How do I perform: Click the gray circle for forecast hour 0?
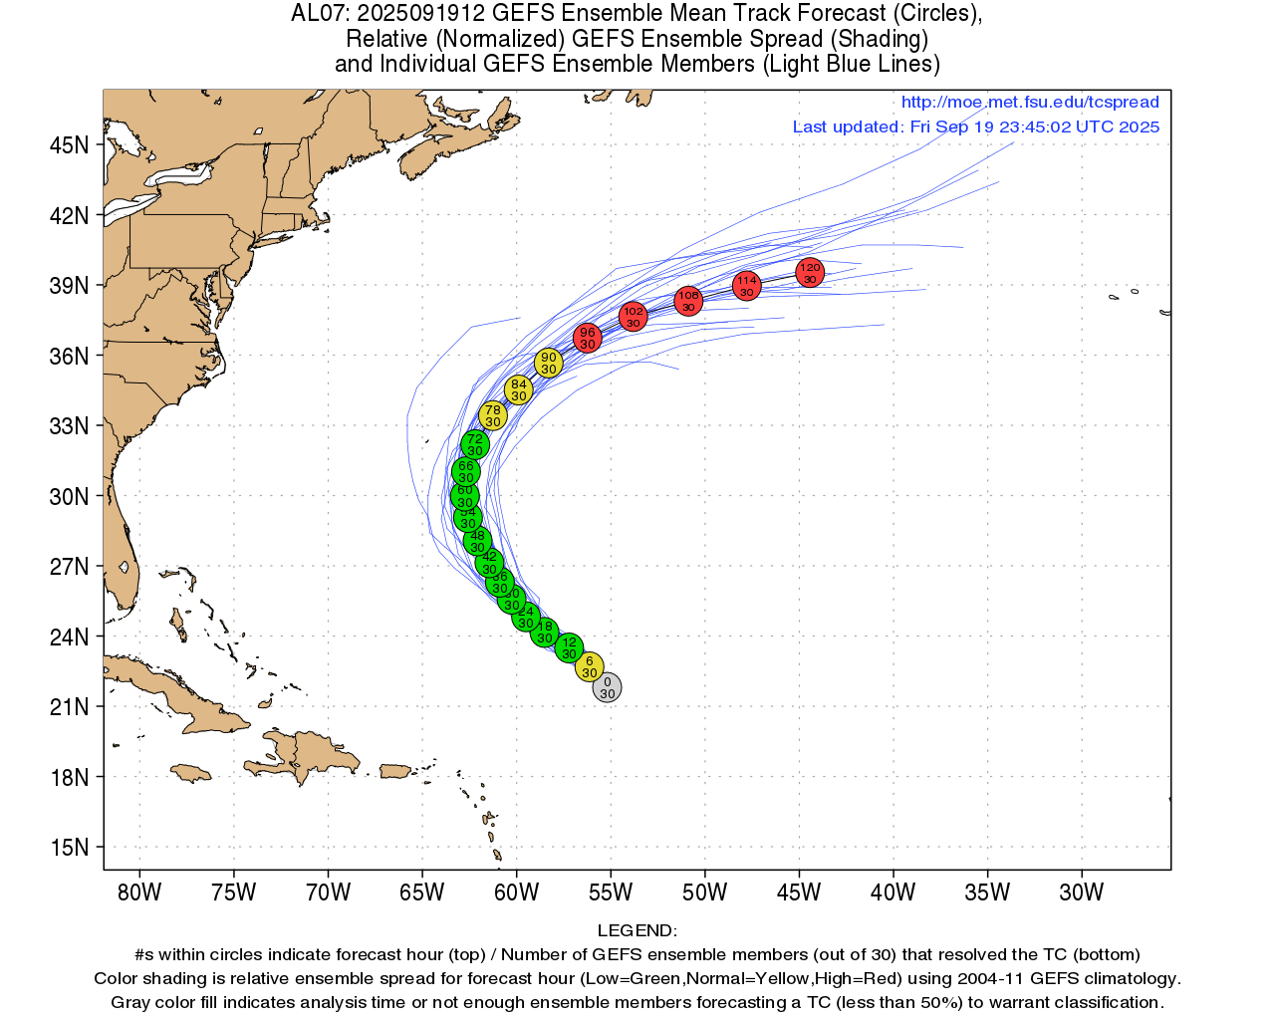point(607,687)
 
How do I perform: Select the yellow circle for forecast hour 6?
point(590,666)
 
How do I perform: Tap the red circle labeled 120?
point(810,272)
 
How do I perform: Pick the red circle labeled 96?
point(588,338)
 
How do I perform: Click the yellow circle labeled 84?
point(518,389)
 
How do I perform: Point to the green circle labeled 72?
point(475,444)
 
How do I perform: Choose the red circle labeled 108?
point(688,300)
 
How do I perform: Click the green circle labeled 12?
point(569,648)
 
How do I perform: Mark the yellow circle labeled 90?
point(548,363)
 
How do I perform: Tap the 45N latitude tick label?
point(69,145)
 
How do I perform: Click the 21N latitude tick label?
point(69,707)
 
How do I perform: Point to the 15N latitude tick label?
point(69,848)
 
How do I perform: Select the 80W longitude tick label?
point(139,892)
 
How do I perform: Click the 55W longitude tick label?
point(610,892)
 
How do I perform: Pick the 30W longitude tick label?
point(1081,892)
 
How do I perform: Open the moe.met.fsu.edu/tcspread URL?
point(1030,103)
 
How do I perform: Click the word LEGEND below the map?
point(636,931)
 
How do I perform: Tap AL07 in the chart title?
point(318,14)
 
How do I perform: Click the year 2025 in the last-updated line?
point(1139,127)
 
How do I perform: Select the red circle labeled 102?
point(633,317)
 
